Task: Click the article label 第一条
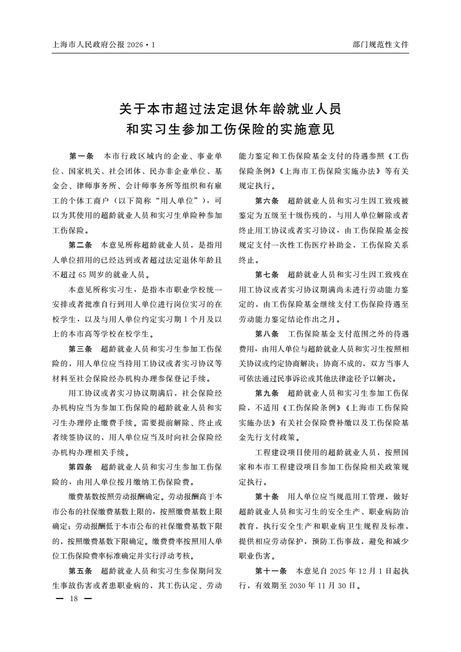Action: (x=81, y=156)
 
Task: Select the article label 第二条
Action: (x=81, y=245)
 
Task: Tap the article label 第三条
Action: (x=81, y=349)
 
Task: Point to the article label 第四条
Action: (x=81, y=467)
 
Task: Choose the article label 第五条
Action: (x=81, y=570)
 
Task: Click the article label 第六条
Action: (x=267, y=200)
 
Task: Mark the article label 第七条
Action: (x=267, y=275)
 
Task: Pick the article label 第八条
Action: (x=267, y=334)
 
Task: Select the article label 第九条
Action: (x=267, y=393)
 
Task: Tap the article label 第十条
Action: (x=267, y=497)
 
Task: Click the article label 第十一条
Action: (x=271, y=571)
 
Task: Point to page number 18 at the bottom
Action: (x=73, y=599)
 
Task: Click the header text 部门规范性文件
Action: (x=381, y=44)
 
